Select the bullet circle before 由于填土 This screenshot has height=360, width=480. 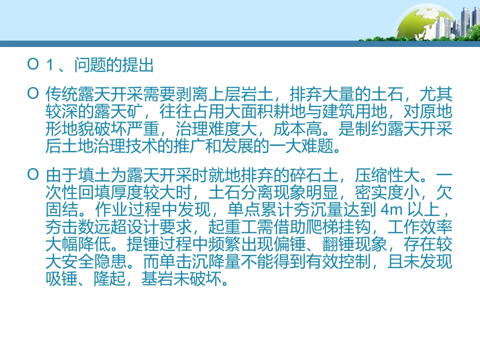click(x=34, y=176)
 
